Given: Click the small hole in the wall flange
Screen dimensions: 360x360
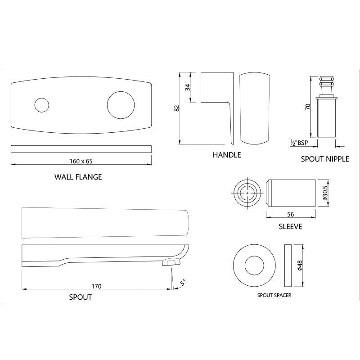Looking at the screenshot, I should tap(41, 105).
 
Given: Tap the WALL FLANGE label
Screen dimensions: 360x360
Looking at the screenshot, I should tap(78, 177).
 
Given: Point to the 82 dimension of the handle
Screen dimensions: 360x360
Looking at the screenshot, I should tap(177, 108).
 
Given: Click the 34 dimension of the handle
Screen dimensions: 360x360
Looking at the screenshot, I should tap(188, 87).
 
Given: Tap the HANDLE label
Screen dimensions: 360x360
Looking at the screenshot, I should tap(227, 155).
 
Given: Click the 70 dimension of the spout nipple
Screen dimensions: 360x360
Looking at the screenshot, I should tap(308, 107).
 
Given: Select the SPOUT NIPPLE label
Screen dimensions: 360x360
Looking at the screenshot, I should tap(325, 159).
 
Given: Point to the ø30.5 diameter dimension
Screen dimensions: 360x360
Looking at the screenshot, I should tap(324, 193).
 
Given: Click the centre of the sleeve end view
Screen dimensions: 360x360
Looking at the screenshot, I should tap(247, 193).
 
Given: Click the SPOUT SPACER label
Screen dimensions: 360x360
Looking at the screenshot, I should tap(274, 296).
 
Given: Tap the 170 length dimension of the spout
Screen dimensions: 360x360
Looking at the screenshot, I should tap(96, 286).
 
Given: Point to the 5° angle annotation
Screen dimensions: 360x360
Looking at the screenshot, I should tap(182, 283).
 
